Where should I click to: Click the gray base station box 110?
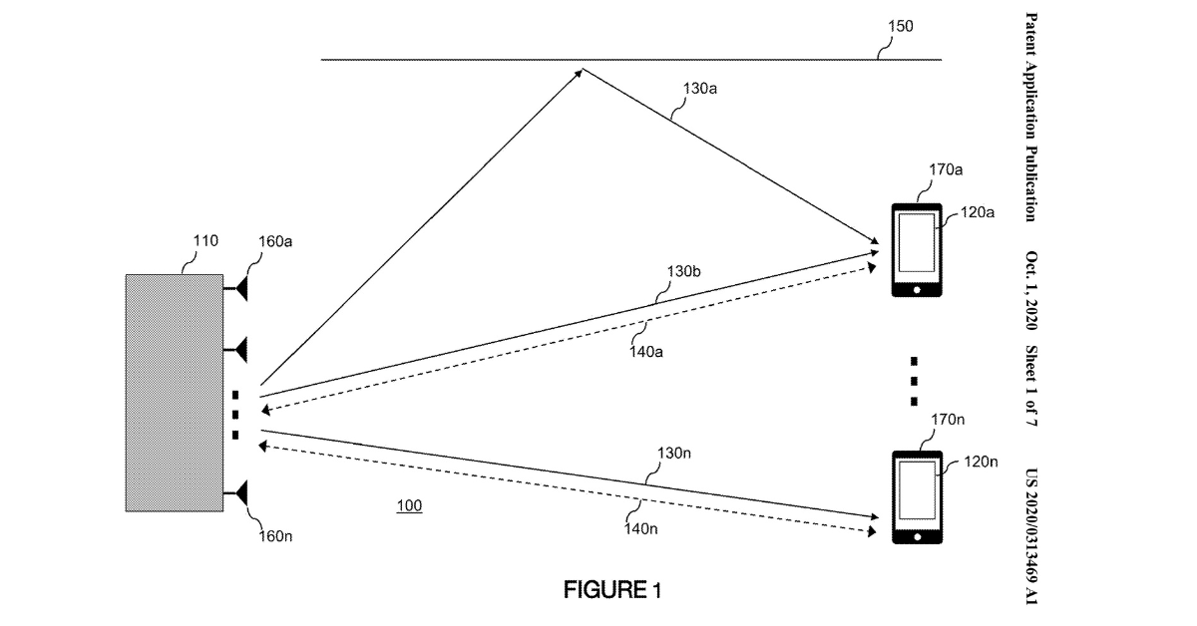click(x=175, y=393)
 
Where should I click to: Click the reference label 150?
click(x=901, y=26)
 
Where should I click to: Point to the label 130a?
click(x=700, y=89)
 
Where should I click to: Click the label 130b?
click(x=683, y=271)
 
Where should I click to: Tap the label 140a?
click(x=646, y=352)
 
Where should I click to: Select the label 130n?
click(x=674, y=454)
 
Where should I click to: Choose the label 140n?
click(x=640, y=528)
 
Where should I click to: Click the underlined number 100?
click(x=409, y=505)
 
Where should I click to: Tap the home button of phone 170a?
click(x=917, y=290)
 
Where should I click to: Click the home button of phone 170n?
click(x=918, y=537)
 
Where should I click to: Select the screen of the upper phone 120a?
click(x=917, y=243)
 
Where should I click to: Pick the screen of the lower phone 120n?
click(x=917, y=490)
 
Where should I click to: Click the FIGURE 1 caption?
click(x=612, y=590)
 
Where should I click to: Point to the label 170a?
click(x=946, y=169)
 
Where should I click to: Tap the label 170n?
click(x=948, y=420)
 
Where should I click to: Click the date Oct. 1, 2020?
click(x=1030, y=290)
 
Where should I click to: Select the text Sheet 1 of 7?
click(x=1030, y=386)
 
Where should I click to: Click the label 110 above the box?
click(x=205, y=241)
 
